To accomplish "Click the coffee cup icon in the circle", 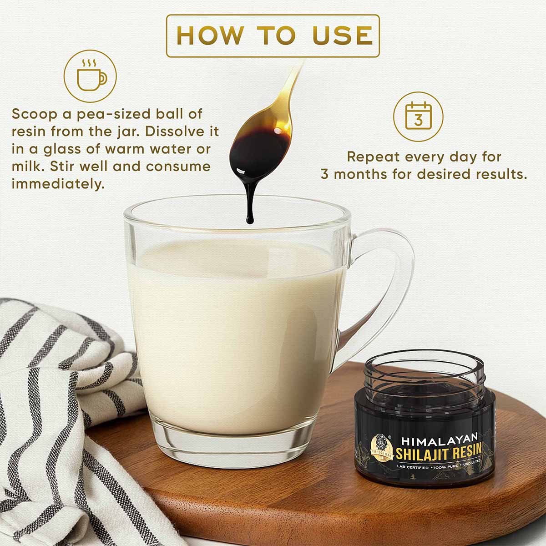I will (91, 78).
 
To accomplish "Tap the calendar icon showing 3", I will (418, 116).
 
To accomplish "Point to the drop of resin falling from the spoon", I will (249, 214).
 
